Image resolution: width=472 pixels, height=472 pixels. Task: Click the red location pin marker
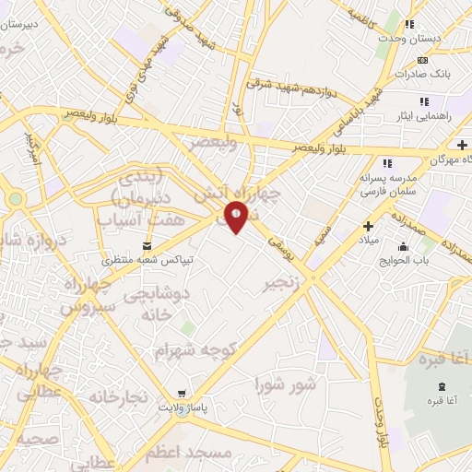tap(237, 218)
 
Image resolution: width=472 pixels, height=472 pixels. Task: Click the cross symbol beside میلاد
tap(368, 226)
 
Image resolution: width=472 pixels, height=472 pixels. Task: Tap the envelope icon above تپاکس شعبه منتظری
tap(147, 245)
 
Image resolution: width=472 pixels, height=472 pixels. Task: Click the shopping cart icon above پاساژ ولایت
tap(183, 392)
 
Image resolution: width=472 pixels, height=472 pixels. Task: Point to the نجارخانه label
tap(117, 396)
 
